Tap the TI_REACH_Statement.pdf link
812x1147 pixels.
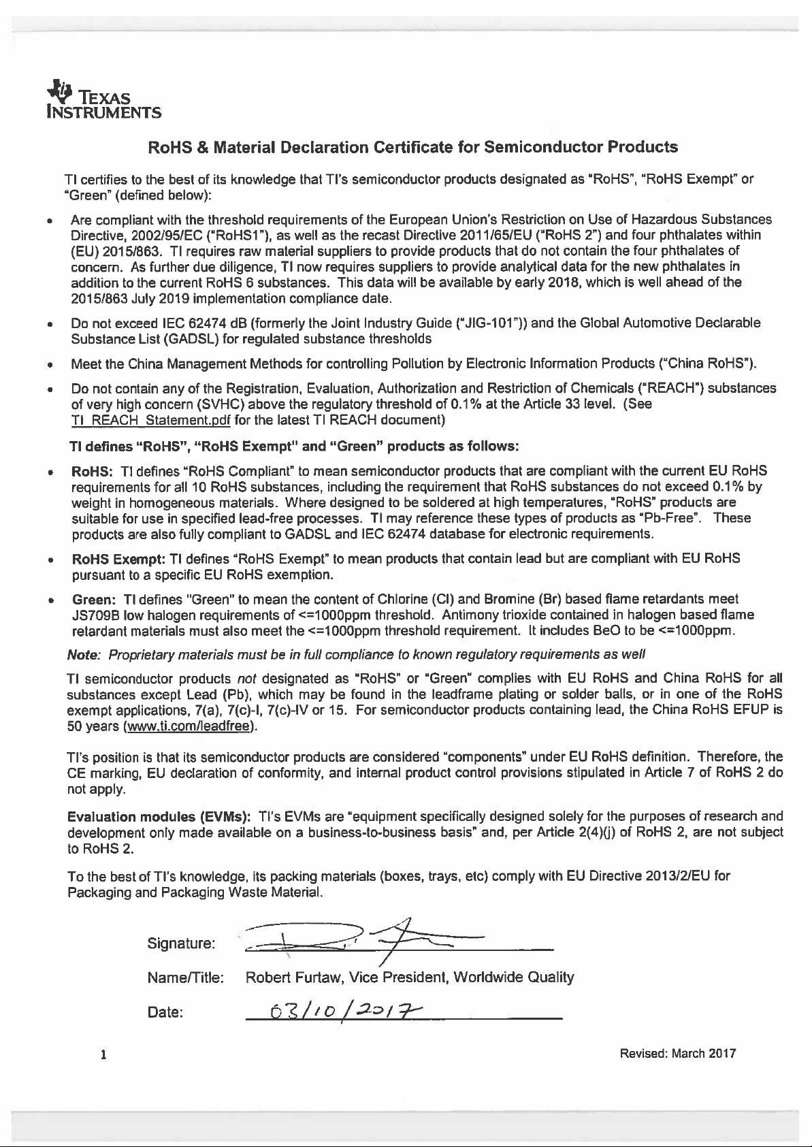click(150, 420)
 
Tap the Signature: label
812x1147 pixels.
click(181, 943)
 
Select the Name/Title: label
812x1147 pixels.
click(185, 978)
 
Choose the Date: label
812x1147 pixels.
click(165, 1012)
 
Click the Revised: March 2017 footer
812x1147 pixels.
click(677, 1054)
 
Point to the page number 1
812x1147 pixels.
click(103, 1056)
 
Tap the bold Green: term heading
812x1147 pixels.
click(94, 599)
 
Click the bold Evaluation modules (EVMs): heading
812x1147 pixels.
click(159, 816)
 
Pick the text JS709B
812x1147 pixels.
click(96, 615)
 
